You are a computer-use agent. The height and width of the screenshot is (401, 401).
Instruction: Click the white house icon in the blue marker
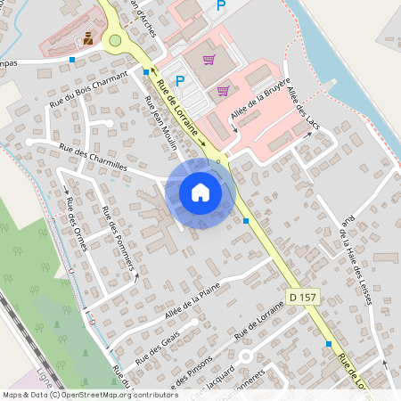pos(200,192)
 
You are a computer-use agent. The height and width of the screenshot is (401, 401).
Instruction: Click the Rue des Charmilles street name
pos(93,157)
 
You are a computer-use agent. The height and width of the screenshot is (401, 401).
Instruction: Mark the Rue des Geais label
pos(155,350)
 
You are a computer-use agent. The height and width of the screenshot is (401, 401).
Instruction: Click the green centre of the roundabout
pos(114,40)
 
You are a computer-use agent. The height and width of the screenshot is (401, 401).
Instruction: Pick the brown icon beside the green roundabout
pos(88,38)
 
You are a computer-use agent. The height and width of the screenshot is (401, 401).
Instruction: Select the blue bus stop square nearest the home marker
pos(245,221)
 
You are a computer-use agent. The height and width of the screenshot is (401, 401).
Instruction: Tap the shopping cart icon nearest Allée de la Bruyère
pos(222,89)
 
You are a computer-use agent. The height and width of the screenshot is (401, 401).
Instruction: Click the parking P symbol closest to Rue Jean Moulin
pos(179,81)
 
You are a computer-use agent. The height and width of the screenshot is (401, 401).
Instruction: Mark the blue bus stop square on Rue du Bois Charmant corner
pos(145,71)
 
